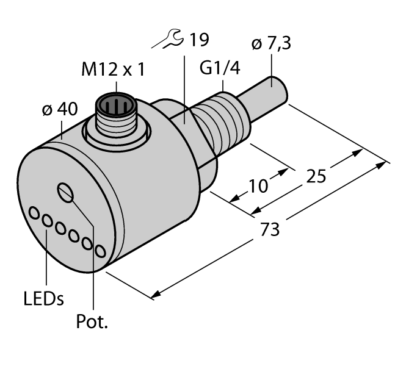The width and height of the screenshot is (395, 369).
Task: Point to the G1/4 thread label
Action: coord(220,69)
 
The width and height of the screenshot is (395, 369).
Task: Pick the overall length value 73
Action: coord(270,229)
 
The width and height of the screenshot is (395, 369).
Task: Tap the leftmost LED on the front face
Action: coord(34,213)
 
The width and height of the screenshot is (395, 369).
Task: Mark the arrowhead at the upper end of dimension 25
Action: coord(355,152)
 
